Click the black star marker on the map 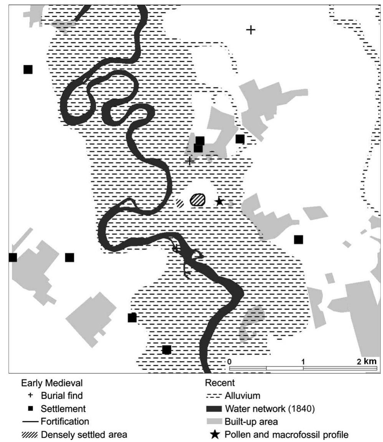coord(219,201)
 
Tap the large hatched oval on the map coord(198,199)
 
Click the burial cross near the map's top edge coord(250,30)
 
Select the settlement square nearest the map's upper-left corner coord(28,70)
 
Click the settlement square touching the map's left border coord(13,257)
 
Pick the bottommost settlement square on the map coord(166,350)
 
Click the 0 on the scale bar coord(229,362)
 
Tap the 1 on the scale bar coord(303,362)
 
